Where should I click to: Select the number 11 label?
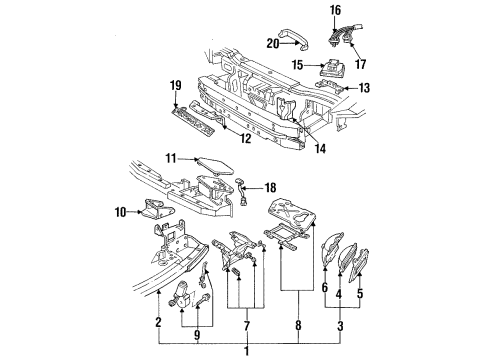[173, 158]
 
